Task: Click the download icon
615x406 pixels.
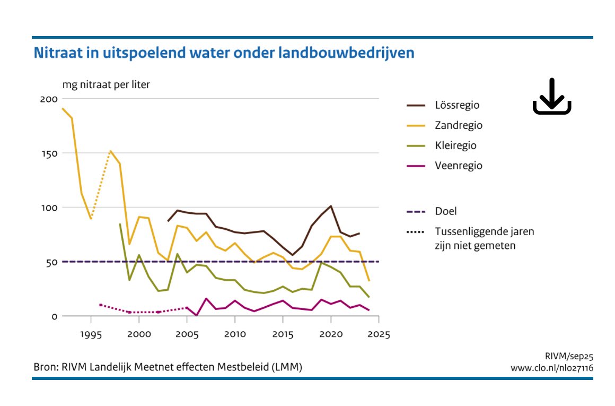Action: [551, 97]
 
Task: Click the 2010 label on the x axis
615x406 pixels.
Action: [235, 335]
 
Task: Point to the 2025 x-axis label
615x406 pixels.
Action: [379, 335]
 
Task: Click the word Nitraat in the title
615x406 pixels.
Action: [57, 54]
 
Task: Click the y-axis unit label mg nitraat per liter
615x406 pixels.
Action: [106, 84]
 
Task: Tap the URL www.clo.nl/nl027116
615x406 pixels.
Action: [551, 368]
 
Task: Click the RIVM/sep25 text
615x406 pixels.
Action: [568, 357]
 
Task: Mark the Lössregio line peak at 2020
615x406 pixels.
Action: [331, 206]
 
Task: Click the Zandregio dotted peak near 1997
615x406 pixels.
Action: [110, 151]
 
